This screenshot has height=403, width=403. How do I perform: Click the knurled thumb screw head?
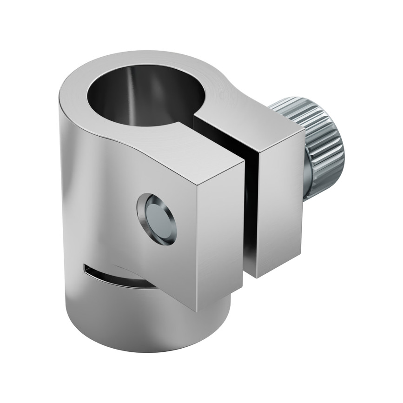click(x=316, y=135)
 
